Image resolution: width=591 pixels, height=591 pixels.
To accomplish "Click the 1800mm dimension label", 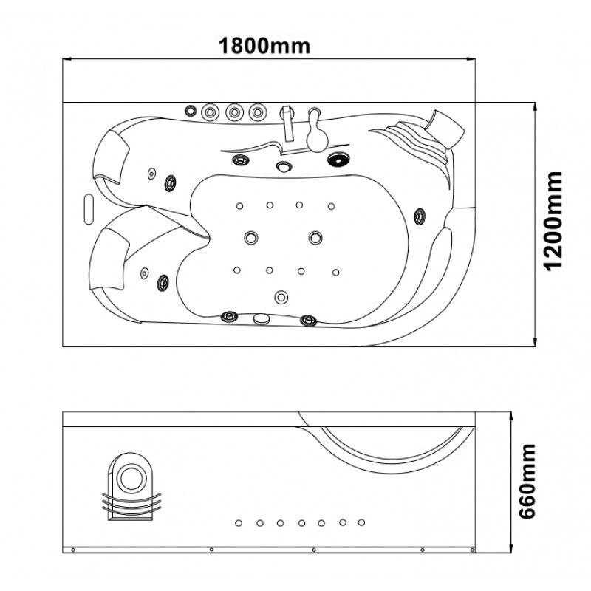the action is [x=264, y=46].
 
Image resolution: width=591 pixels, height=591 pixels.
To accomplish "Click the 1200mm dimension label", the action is [x=553, y=221].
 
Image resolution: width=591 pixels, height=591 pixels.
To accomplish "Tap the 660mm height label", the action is [x=527, y=481].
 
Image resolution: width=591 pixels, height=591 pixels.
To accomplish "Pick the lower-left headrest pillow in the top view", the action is [x=109, y=259].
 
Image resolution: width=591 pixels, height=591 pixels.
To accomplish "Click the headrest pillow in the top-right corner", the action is [x=446, y=127].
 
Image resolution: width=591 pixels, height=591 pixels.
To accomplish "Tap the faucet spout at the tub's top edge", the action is [x=288, y=123].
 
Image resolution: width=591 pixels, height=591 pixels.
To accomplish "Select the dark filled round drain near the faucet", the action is [x=338, y=160].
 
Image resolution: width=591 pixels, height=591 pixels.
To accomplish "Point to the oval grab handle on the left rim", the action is [x=89, y=209].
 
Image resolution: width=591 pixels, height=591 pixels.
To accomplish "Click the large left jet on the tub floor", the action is [x=251, y=237].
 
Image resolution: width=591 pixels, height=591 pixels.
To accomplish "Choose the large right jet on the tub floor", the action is [x=315, y=238].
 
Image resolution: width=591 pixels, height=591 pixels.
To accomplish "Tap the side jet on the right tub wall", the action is [x=420, y=216].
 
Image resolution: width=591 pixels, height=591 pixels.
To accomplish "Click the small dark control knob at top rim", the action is [x=191, y=111].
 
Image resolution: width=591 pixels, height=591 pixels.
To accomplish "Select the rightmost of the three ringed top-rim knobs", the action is [x=258, y=112].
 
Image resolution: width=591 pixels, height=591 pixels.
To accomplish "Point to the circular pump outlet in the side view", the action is [x=132, y=477].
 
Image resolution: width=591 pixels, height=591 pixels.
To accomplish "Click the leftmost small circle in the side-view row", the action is [x=238, y=523].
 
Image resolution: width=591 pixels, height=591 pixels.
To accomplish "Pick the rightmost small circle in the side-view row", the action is [x=361, y=522].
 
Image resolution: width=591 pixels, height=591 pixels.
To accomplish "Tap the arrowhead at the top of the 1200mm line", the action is [x=534, y=106].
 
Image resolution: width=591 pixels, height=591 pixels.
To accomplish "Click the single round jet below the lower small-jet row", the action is [x=281, y=297].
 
